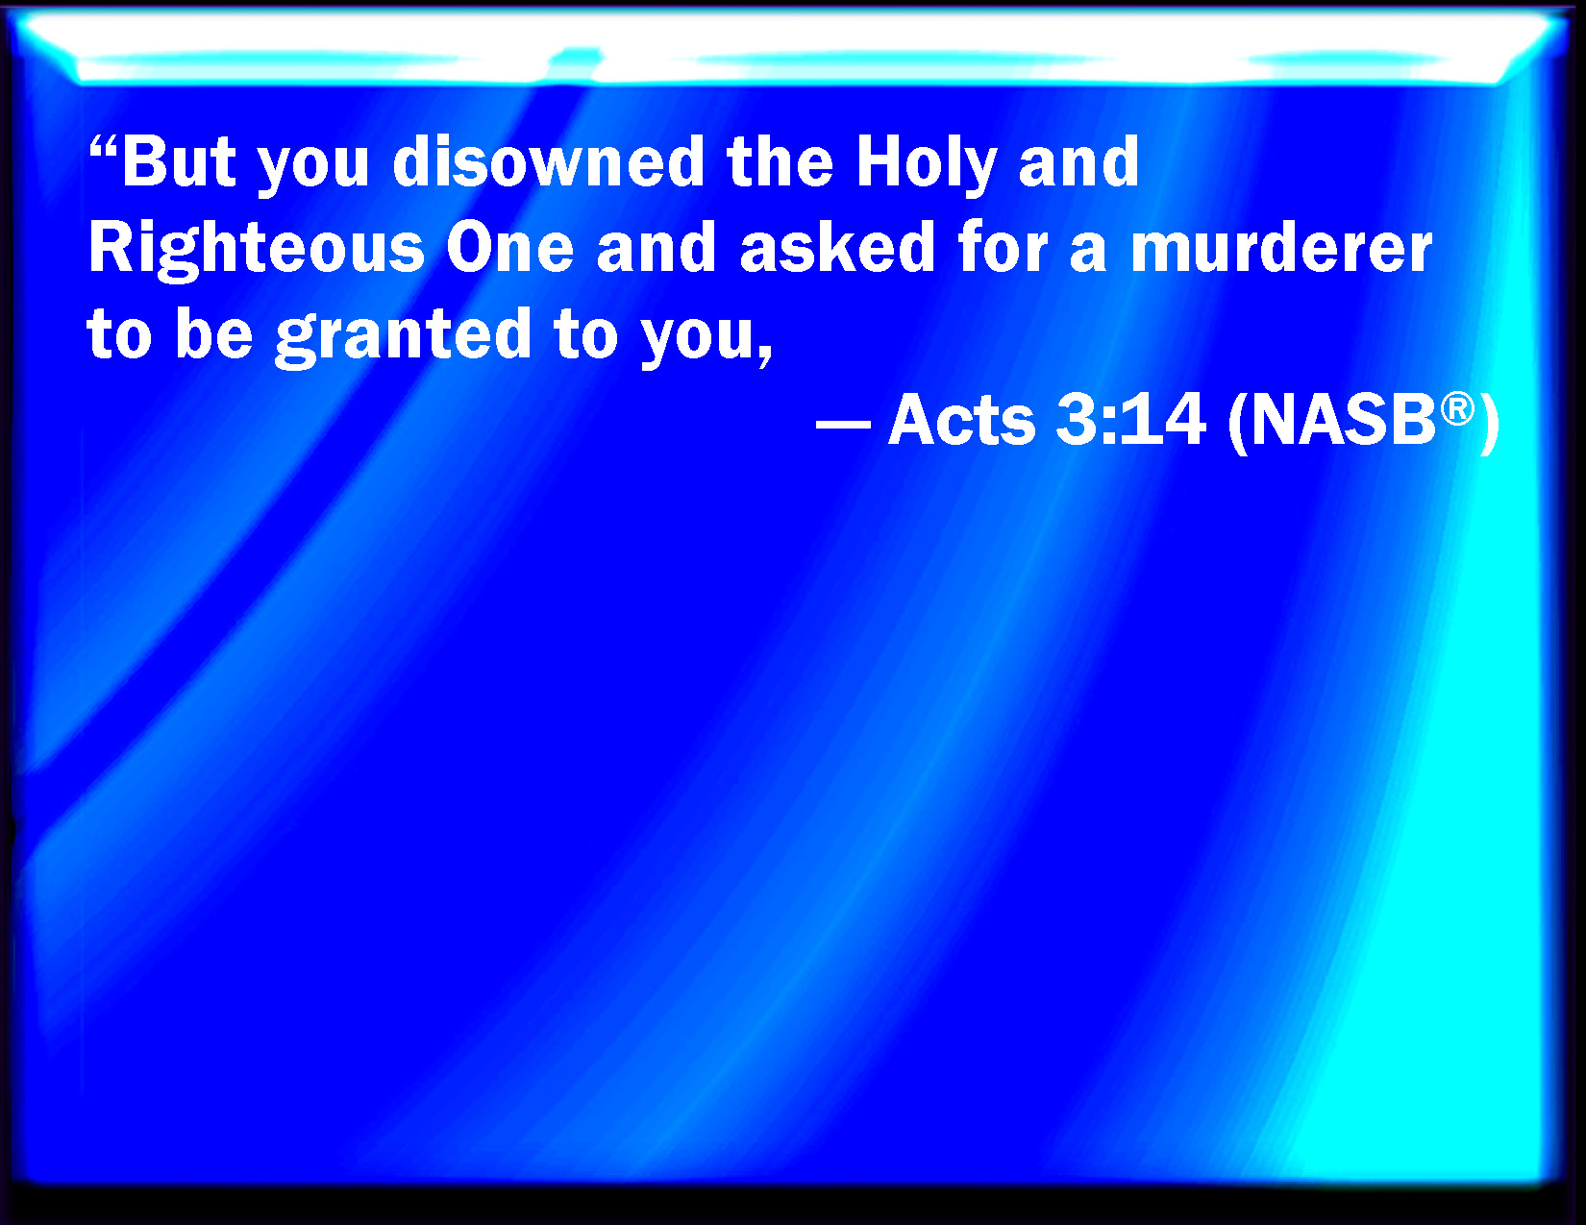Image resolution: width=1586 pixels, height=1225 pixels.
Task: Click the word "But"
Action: coord(180,161)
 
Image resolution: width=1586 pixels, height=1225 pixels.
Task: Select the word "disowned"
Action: coord(548,161)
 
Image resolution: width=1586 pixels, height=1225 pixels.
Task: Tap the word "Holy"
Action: coord(927,165)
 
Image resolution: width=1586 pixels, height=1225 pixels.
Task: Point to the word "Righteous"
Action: coord(257,250)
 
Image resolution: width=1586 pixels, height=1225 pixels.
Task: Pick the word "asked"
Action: coord(838,247)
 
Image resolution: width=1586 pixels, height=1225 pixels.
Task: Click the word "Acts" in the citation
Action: coord(961,420)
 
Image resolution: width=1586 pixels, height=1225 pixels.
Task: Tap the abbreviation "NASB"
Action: coord(1343,420)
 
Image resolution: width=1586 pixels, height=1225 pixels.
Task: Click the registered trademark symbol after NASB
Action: coord(1457,408)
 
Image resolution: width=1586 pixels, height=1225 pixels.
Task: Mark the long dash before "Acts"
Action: coord(843,423)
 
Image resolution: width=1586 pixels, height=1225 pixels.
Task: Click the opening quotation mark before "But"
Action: coord(103,146)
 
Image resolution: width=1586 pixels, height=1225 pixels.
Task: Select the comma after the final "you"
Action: coord(765,356)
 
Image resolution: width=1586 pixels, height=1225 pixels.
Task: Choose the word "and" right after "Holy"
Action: coord(1078,161)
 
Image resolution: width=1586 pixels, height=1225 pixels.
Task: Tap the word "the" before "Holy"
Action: coord(781,161)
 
